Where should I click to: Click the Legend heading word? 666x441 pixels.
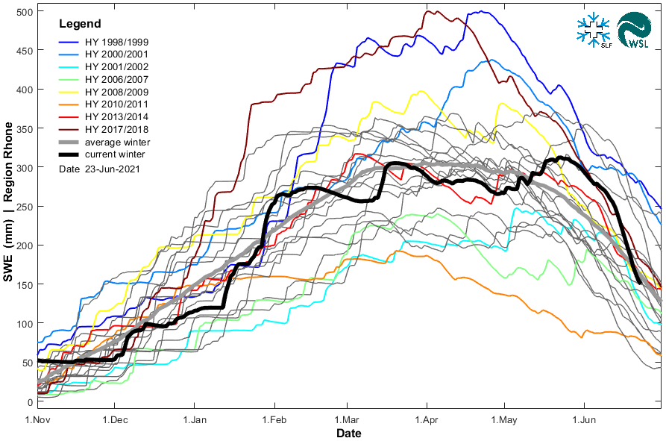[80, 25]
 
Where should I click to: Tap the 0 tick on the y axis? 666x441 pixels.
[28, 401]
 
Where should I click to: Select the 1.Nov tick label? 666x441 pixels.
[37, 419]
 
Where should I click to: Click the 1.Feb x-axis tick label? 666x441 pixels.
[274, 419]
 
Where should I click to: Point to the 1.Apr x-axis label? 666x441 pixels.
[427, 419]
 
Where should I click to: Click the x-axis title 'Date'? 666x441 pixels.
[348, 433]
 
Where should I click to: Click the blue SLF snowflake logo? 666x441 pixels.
[594, 30]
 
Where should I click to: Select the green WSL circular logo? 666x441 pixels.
[633, 31]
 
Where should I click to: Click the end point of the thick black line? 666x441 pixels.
[639, 283]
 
